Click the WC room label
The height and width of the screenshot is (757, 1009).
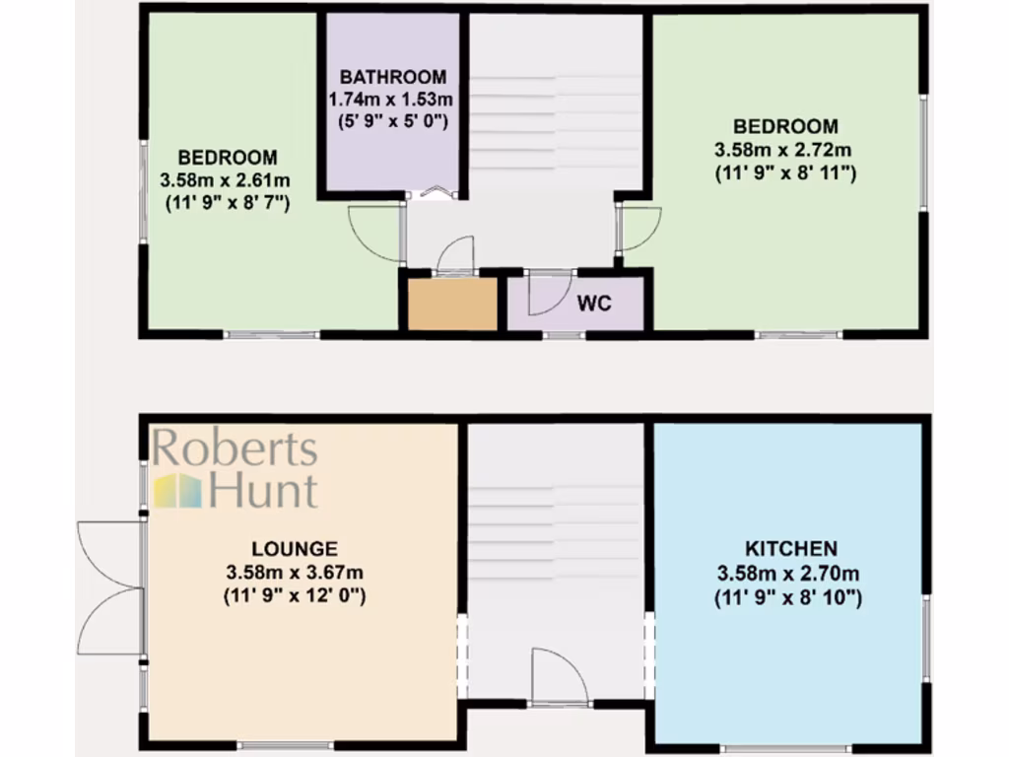[594, 303]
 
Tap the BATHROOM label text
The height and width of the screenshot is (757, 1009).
[393, 77]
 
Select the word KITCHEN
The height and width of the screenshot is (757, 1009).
[790, 549]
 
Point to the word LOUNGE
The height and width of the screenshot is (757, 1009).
[295, 549]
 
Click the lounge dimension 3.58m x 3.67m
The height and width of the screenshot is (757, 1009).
[295, 573]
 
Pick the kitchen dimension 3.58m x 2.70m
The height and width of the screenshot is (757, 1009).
[790, 573]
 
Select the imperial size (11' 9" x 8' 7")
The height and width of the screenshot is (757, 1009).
[227, 204]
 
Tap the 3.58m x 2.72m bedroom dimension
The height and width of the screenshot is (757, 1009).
[785, 150]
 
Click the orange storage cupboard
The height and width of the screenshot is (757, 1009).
[452, 305]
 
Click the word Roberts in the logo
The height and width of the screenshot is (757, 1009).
[235, 449]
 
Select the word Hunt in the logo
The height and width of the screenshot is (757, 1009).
[263, 490]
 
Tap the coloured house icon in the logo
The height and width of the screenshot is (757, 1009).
[176, 490]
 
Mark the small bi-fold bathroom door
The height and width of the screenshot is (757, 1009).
[435, 193]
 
